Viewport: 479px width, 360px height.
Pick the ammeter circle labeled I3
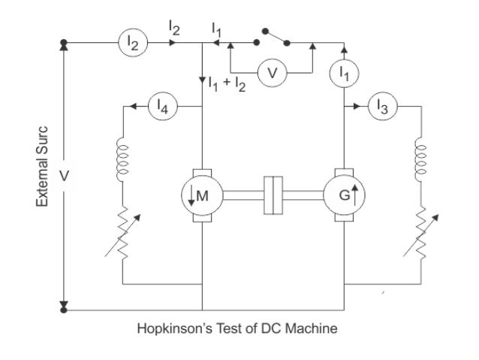tap(383, 107)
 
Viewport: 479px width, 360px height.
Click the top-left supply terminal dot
tap(64, 43)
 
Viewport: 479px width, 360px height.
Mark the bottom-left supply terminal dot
tap(64, 308)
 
